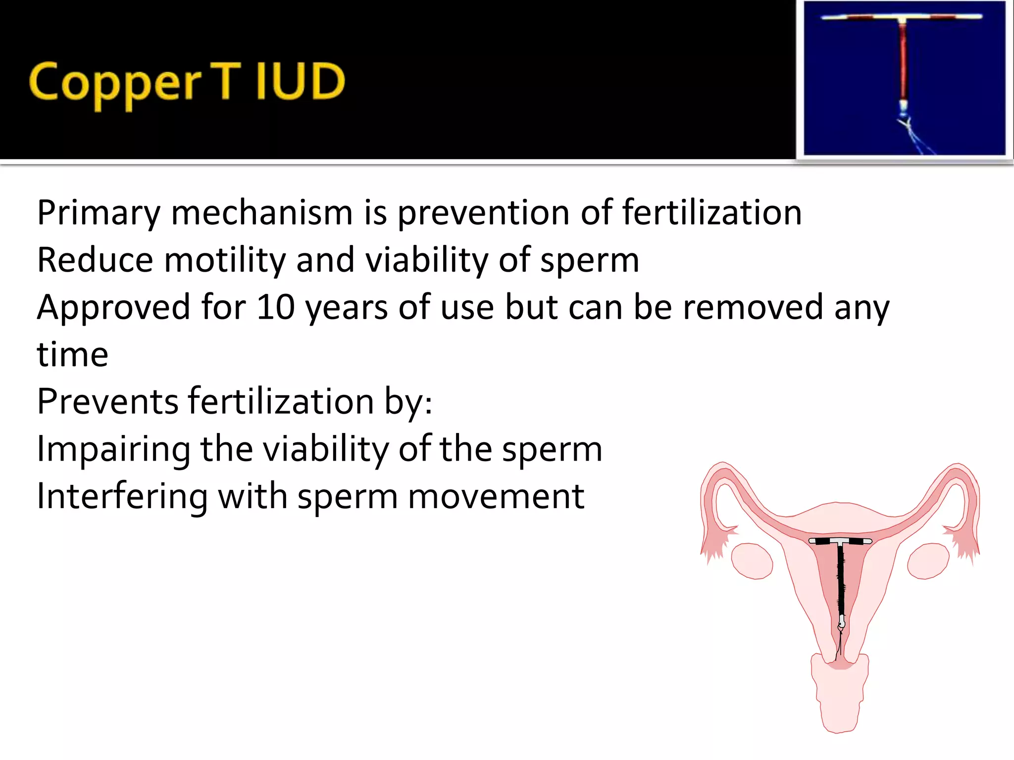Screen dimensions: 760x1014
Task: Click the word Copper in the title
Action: (115, 83)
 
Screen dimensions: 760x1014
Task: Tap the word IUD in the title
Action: (300, 82)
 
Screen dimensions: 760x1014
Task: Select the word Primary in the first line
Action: (99, 213)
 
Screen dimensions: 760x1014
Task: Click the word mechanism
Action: (262, 212)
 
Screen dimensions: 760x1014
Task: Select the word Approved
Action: (113, 308)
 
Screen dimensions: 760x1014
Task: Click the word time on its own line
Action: (72, 354)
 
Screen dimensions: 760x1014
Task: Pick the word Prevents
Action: (107, 401)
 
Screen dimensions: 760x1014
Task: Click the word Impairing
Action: (113, 450)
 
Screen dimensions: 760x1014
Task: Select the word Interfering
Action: (122, 497)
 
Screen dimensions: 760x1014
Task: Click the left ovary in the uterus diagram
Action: (752, 561)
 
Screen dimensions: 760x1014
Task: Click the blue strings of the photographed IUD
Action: (916, 139)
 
